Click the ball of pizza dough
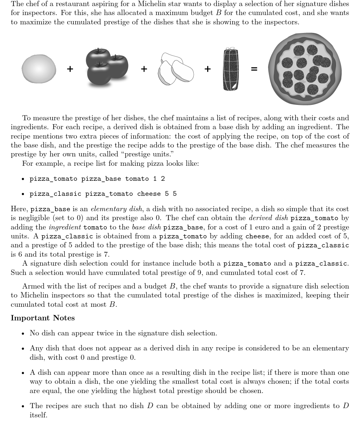coord(39,69)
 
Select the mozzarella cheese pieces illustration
coord(176,69)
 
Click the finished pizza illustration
coord(305,69)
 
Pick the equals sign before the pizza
coord(254,69)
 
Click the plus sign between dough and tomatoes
coord(70,69)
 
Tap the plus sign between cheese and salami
coord(208,69)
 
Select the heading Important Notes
coord(43,318)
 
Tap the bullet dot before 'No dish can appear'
coord(23,333)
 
